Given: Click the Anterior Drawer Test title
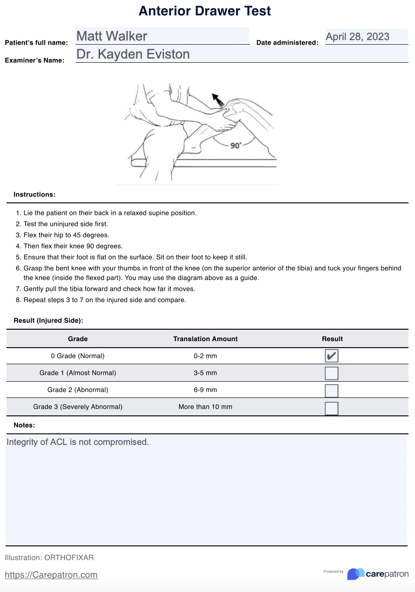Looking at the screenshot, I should [205, 11].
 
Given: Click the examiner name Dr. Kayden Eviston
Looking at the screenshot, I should [133, 54].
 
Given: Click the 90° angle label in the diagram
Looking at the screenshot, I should [236, 146].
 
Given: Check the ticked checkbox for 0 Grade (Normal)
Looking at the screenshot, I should [332, 356].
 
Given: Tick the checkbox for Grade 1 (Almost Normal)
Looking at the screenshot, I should [332, 373].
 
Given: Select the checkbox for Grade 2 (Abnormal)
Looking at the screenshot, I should [332, 390].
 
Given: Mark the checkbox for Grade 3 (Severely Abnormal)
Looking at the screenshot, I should [332, 408].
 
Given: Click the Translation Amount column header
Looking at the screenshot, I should [205, 339].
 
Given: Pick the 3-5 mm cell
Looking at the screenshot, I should [205, 373].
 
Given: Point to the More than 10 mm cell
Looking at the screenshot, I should [205, 407].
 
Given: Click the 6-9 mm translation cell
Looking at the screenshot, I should [205, 390].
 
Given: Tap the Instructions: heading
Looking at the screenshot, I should [35, 195].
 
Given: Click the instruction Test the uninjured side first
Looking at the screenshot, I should [66, 224].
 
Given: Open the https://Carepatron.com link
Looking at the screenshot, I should [51, 575].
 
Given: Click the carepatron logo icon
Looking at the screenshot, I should [356, 574].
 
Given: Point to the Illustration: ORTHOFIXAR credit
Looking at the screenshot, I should [49, 558].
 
